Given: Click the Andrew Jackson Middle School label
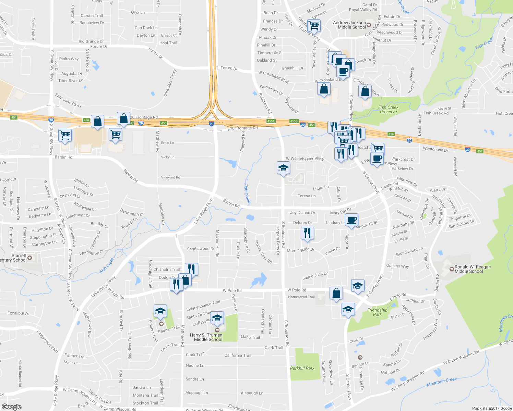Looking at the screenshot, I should [349, 25].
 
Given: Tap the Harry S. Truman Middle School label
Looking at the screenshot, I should [206, 337].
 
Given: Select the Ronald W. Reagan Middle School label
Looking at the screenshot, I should [472, 269].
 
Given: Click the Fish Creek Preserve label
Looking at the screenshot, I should [388, 110].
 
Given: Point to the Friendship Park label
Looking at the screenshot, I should [377, 312].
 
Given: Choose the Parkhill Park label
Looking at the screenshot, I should [302, 368].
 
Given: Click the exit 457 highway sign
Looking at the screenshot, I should [479, 151].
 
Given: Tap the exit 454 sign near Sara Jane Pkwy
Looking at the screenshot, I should [86, 120].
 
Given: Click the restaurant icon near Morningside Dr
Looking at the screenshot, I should [307, 233].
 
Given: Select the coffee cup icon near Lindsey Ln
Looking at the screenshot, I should [351, 220].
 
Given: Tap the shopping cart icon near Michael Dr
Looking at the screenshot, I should [314, 25].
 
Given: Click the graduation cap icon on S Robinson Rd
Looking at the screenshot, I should [283, 168].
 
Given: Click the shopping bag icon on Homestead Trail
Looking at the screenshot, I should [336, 294].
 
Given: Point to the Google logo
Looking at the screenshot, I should [12, 407].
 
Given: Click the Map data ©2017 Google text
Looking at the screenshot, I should [492, 408].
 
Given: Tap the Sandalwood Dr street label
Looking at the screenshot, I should [201, 249].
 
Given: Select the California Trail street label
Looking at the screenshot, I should [238, 355].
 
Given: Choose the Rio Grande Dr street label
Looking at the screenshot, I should [91, 41].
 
